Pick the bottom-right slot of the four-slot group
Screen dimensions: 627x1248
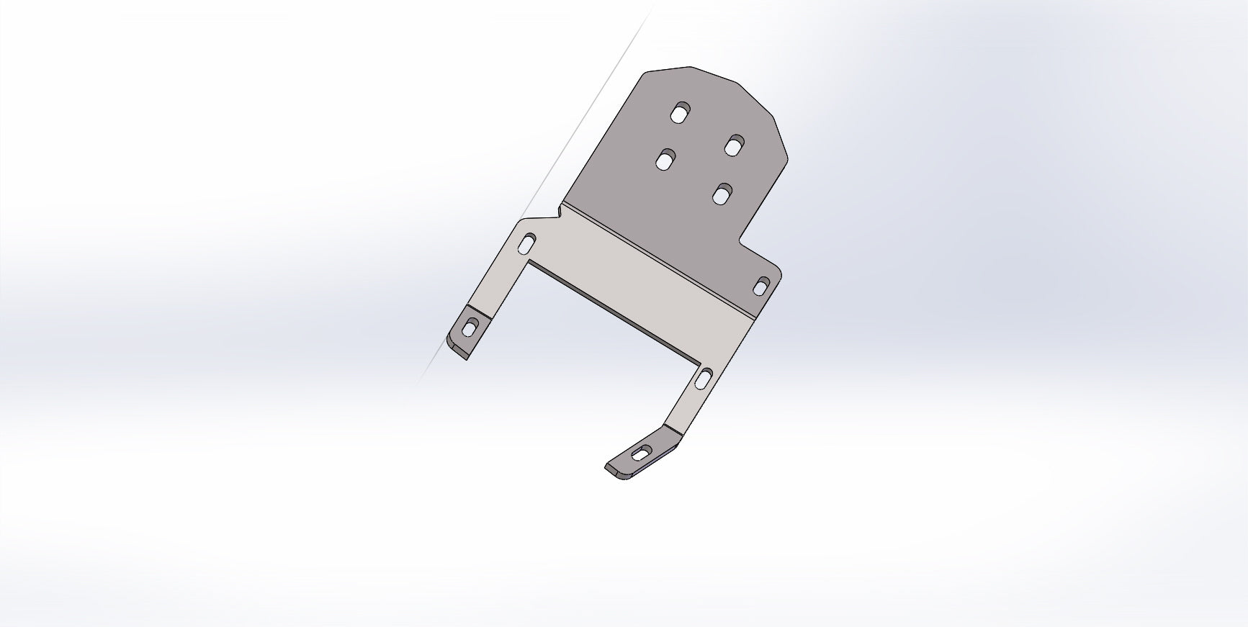[x=722, y=194]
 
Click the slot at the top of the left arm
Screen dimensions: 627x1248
[x=527, y=244]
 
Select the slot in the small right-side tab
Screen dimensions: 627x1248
[x=760, y=287]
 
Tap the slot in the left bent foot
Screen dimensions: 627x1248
[x=470, y=328]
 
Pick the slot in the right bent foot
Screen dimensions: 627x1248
[x=639, y=454]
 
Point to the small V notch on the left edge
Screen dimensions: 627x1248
[x=559, y=211]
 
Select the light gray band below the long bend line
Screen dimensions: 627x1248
[x=648, y=281]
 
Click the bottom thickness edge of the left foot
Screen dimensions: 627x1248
[x=458, y=351]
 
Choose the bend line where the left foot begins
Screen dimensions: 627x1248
[x=478, y=311]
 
